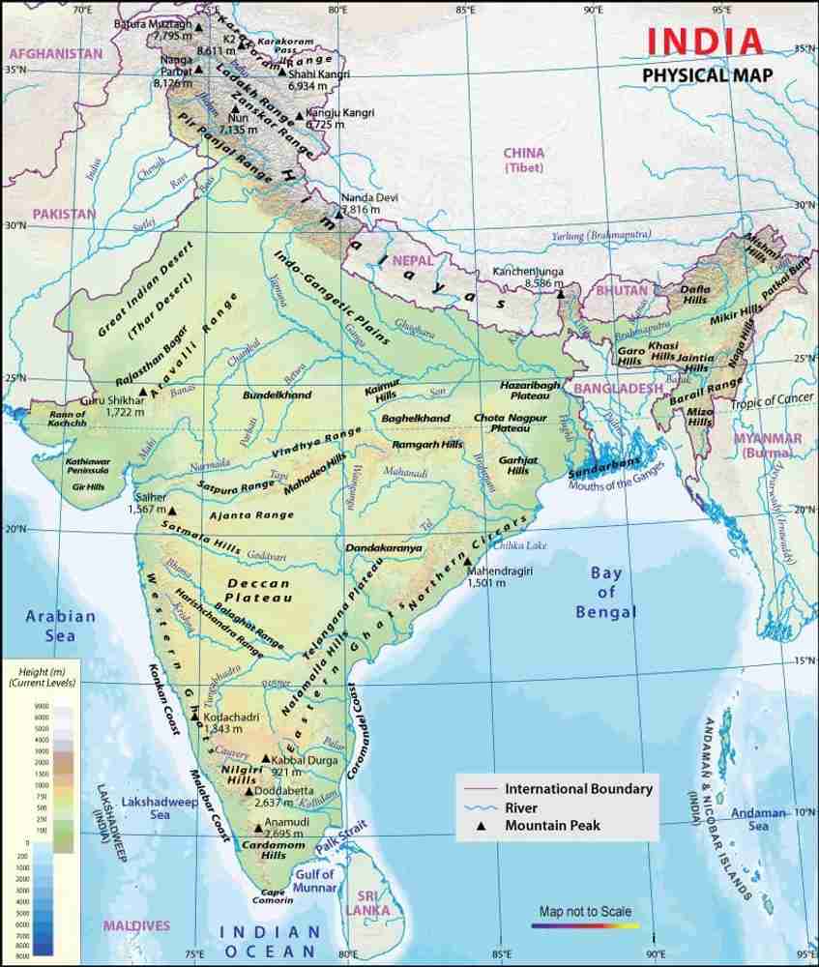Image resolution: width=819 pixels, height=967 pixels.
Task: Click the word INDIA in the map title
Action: point(704,42)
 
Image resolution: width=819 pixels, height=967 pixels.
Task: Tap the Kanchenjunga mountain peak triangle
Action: point(559,293)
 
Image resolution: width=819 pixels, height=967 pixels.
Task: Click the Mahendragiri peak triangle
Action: point(466,561)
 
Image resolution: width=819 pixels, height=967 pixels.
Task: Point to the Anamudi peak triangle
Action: point(257,827)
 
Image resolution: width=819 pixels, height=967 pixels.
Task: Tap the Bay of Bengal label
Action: point(605,592)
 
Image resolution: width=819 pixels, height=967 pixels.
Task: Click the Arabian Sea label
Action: point(60,626)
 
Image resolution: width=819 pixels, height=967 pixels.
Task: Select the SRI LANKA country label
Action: point(372,902)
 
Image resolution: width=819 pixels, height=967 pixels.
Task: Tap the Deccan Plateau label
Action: point(257,592)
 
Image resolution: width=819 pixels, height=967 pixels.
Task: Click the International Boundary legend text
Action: point(578,788)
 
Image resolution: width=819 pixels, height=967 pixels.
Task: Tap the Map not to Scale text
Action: point(585,912)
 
